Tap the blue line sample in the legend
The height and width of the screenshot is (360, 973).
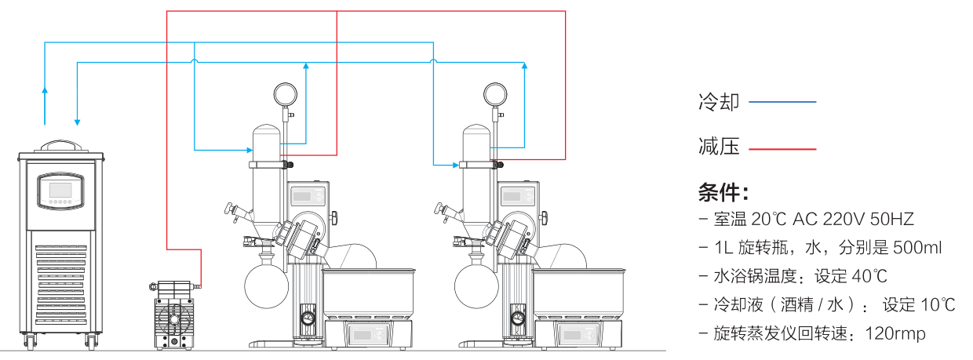tap(782, 102)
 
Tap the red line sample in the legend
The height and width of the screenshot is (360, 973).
tap(782, 148)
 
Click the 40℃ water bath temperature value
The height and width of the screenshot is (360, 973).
tap(862, 276)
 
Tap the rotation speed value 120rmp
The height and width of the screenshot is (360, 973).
tap(895, 334)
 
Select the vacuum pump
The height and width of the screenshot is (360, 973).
tap(174, 314)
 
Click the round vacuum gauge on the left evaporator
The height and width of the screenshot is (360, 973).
tap(285, 94)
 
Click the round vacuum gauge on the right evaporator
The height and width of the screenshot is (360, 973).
tap(494, 94)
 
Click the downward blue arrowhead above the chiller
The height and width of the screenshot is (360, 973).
tap(77, 121)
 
